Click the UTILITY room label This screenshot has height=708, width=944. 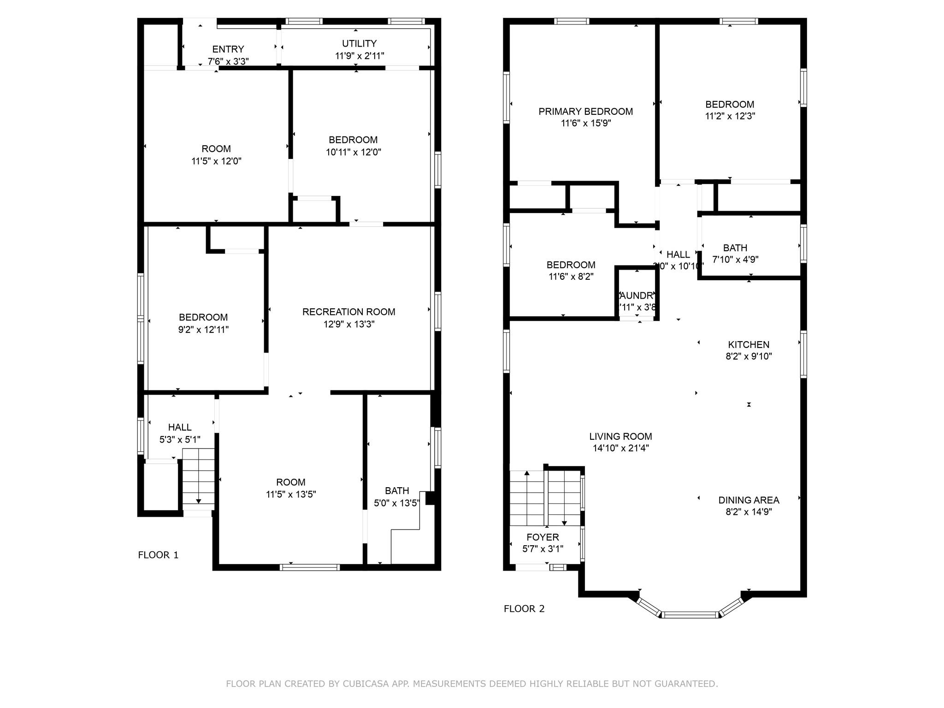point(359,43)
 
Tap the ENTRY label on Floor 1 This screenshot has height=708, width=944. point(228,49)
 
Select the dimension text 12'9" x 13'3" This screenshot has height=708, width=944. point(348,324)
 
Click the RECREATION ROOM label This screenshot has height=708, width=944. point(348,312)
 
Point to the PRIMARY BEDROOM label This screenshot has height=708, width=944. point(585,112)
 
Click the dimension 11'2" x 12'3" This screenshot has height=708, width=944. point(730,116)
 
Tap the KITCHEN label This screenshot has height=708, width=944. point(748,345)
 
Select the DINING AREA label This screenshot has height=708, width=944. point(749,500)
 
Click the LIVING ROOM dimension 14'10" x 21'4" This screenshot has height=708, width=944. point(620,448)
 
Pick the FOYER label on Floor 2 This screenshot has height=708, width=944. point(543,537)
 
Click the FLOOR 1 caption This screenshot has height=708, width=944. point(158,555)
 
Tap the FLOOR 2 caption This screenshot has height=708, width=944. point(524,609)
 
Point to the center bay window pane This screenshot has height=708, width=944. point(690,614)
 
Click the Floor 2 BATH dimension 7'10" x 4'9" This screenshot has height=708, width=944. point(735,260)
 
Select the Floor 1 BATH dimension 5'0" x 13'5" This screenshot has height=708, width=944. point(396,503)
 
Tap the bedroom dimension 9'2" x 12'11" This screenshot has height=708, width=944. point(203,330)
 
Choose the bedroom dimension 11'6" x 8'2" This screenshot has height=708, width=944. point(571,277)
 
